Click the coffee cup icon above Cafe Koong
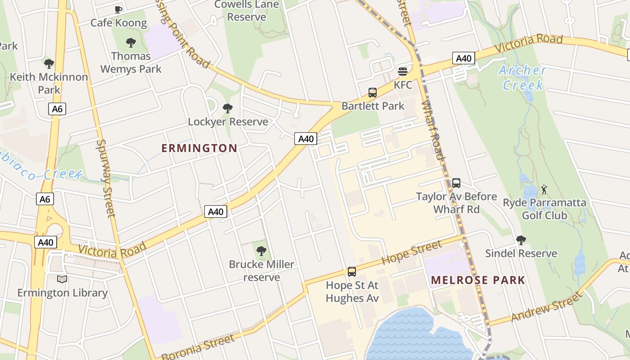118,9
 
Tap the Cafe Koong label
119,23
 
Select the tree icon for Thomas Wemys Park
131,43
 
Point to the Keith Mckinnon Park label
49,83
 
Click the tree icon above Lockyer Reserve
228,108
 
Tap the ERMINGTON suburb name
199,148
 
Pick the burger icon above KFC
403,72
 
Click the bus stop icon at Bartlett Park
373,93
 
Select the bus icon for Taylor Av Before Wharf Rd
456,183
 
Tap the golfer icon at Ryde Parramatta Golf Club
544,189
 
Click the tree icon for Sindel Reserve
521,240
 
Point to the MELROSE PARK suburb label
478,280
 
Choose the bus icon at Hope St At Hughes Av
352,272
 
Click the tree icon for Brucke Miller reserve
261,251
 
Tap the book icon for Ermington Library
62,279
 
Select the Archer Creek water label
522,77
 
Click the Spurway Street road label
106,178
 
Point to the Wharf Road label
433,130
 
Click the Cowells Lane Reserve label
247,11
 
